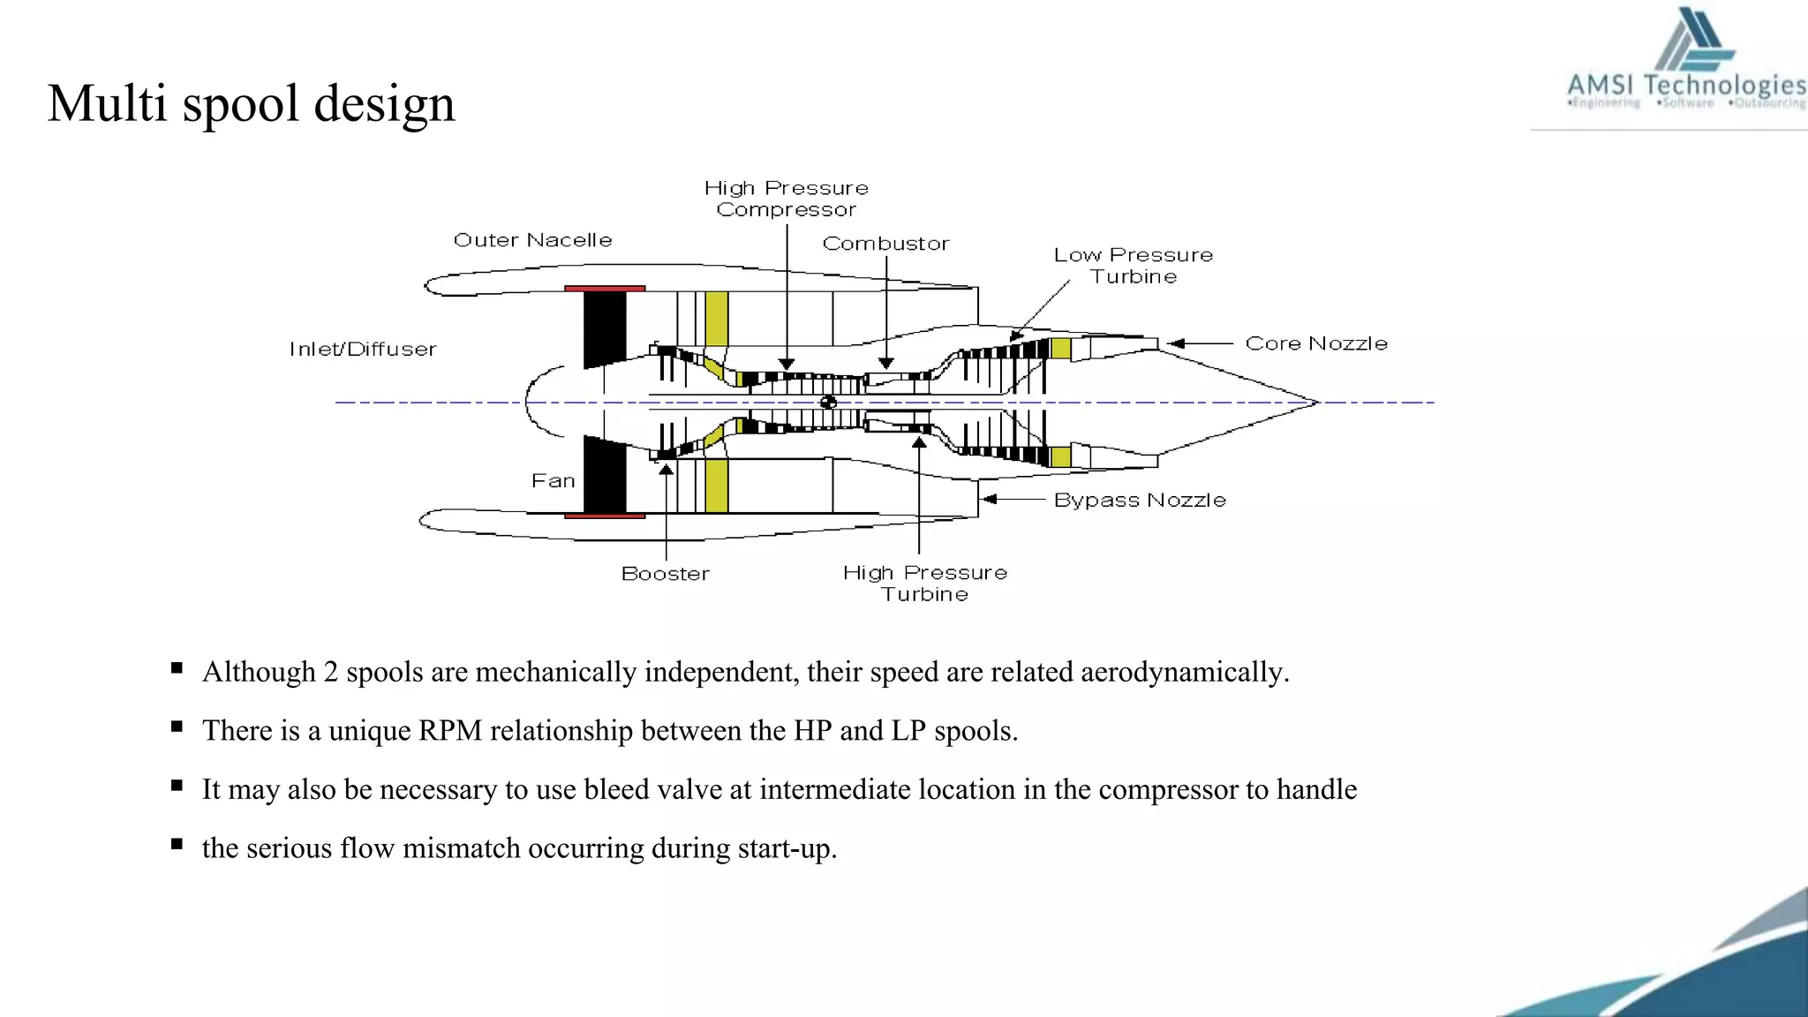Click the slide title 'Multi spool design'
click(252, 103)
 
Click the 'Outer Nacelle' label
click(532, 240)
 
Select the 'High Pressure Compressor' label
click(786, 199)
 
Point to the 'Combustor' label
click(885, 244)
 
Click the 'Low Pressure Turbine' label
click(1133, 266)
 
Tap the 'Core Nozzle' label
click(1315, 343)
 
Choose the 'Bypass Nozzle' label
click(1140, 501)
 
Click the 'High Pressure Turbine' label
click(924, 584)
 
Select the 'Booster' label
click(665, 574)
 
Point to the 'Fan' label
click(553, 481)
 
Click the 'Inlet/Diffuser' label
click(363, 350)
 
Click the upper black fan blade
click(605, 327)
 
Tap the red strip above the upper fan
click(605, 288)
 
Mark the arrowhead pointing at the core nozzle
click(1175, 343)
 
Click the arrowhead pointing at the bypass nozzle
click(990, 500)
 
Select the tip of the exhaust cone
click(1315, 403)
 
